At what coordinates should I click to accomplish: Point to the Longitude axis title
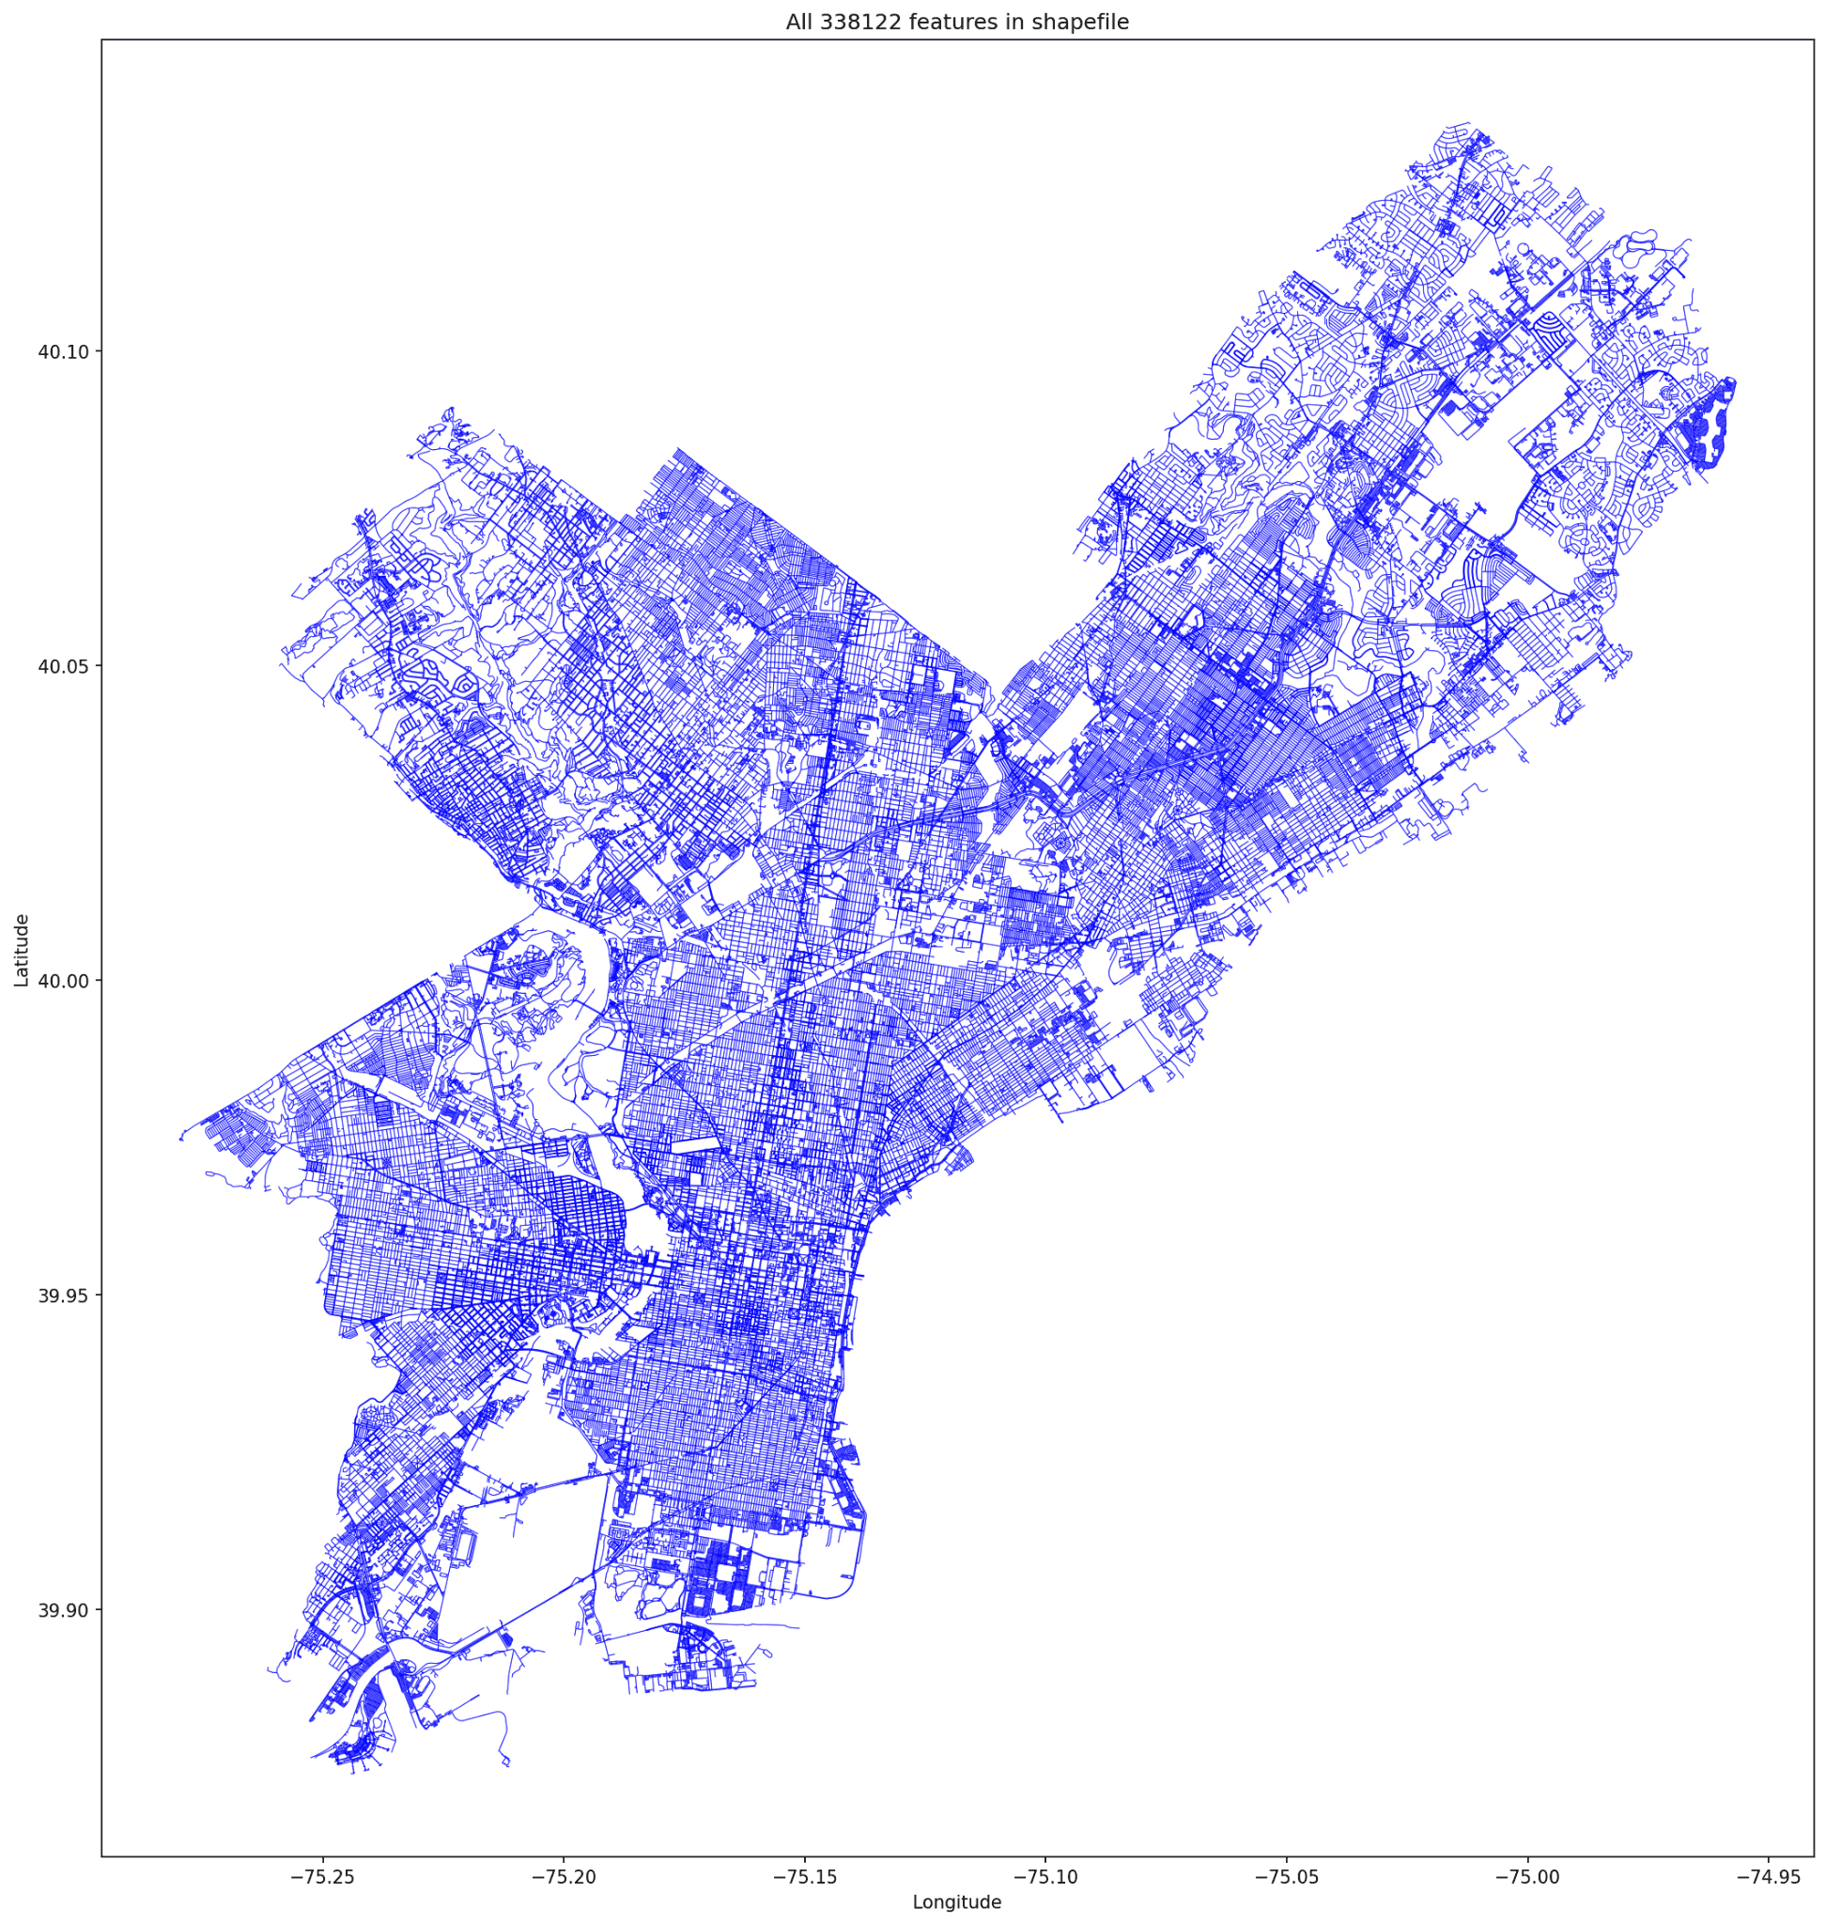(x=957, y=1901)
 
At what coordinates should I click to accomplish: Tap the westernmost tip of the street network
(x=181, y=1139)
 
